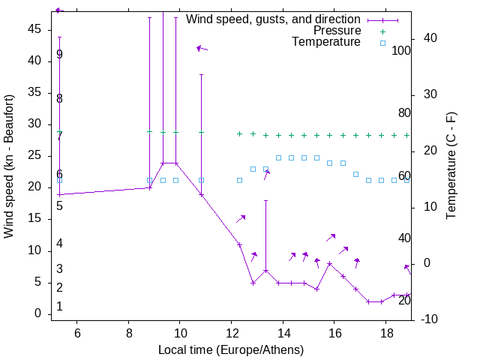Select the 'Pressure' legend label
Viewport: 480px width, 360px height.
[x=337, y=31]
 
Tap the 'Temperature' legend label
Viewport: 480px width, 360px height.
[x=326, y=42]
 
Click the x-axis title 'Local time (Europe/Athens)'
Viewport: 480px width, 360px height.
[x=231, y=350]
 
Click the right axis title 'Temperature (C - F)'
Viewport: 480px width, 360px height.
[x=451, y=166]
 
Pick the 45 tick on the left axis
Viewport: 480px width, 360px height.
[x=34, y=28]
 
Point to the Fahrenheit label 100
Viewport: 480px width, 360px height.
[x=401, y=51]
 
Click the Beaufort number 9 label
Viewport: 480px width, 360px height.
[x=59, y=55]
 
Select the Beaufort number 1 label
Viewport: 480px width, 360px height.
[x=59, y=307]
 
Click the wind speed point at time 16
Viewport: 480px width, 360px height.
[x=330, y=264]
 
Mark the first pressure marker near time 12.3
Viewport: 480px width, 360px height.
[x=239, y=133]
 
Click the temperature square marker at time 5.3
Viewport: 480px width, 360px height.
[x=59, y=180]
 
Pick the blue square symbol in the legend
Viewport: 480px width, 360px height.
[x=382, y=43]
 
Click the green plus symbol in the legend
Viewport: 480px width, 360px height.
[x=382, y=31]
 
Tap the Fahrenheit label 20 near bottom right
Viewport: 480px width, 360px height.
[x=404, y=301]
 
